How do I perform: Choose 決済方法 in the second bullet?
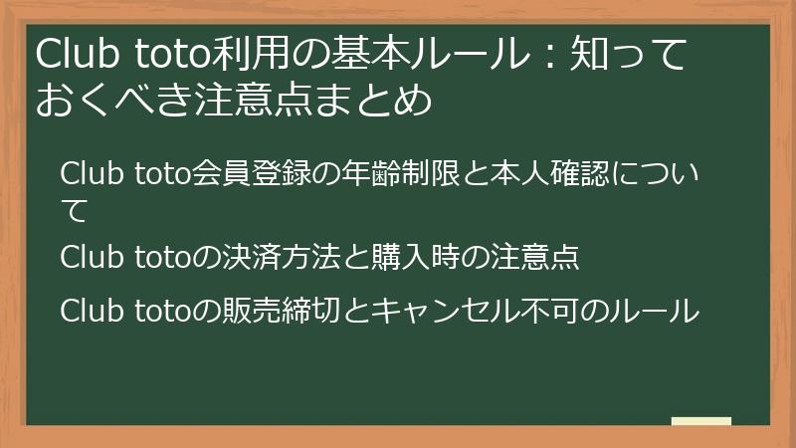(260, 257)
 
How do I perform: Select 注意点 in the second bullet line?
(537, 257)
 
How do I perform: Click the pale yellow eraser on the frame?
(700, 421)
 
